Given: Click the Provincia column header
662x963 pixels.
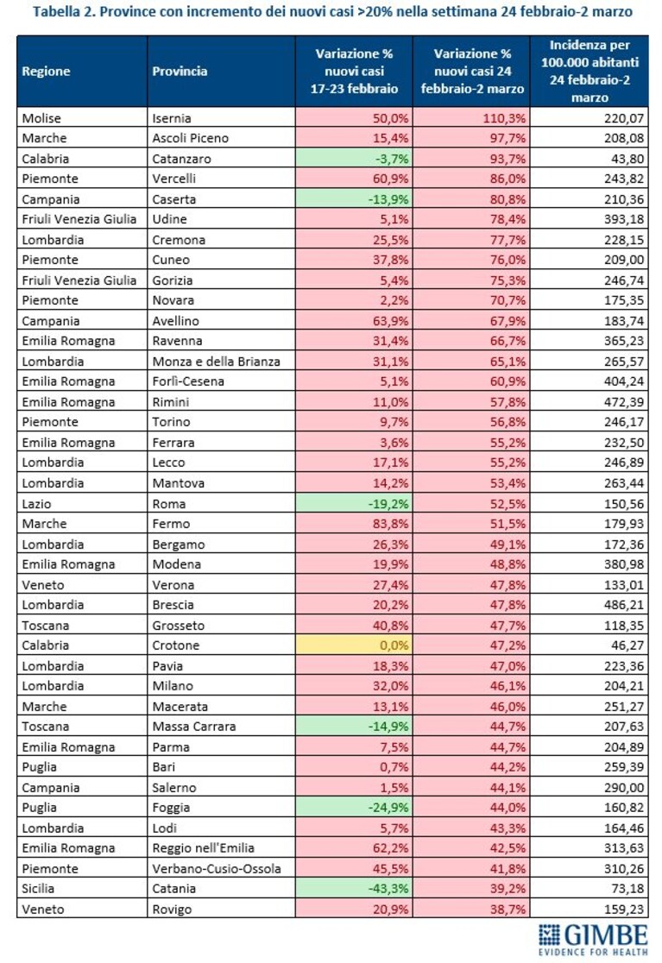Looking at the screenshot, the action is (x=180, y=72).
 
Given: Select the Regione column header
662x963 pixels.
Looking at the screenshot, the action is (x=46, y=72).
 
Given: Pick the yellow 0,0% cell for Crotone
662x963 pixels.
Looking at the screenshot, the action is (x=354, y=645).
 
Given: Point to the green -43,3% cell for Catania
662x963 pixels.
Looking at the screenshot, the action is (x=354, y=889).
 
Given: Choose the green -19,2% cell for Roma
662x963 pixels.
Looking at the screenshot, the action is (x=354, y=504).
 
